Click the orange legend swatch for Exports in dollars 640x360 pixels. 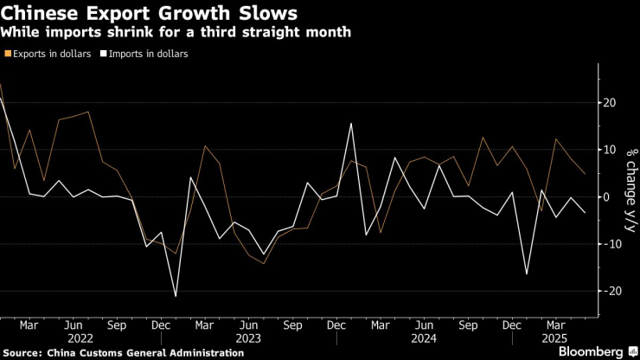point(9,54)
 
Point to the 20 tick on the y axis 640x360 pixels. point(609,103)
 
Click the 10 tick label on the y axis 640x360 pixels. point(609,150)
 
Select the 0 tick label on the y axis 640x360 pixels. point(607,196)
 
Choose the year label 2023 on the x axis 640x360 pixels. point(247,338)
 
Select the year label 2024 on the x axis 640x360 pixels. point(425,338)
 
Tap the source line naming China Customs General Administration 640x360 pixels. point(123,353)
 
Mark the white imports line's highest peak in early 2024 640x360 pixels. point(351,123)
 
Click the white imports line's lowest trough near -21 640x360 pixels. point(176,296)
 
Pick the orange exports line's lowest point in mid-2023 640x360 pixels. point(263,263)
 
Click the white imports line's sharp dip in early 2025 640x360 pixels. point(528,273)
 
